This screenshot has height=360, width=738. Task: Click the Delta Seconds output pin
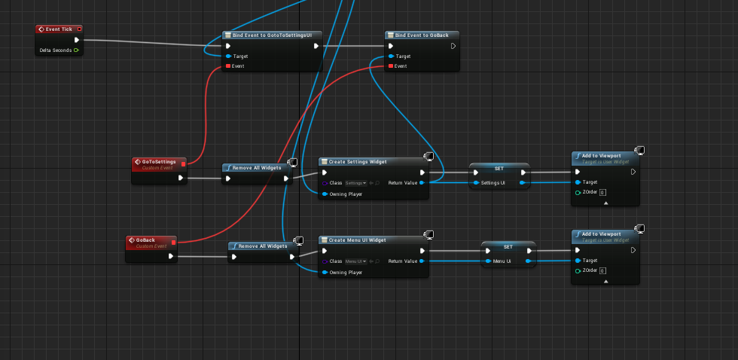[x=76, y=50]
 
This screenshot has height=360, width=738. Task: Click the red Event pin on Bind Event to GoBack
[x=390, y=66]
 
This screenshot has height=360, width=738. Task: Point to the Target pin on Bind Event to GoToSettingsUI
[x=228, y=56]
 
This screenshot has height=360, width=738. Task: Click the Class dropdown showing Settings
[x=356, y=183]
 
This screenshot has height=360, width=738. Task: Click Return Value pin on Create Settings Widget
[x=422, y=182]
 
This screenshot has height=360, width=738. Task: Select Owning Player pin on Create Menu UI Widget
[x=325, y=272]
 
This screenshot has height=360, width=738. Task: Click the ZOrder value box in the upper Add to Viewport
[x=602, y=193]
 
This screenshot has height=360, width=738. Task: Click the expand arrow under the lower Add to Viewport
[x=605, y=281]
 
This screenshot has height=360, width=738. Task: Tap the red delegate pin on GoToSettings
[x=183, y=163]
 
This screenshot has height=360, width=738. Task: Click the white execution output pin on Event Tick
[x=76, y=40]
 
